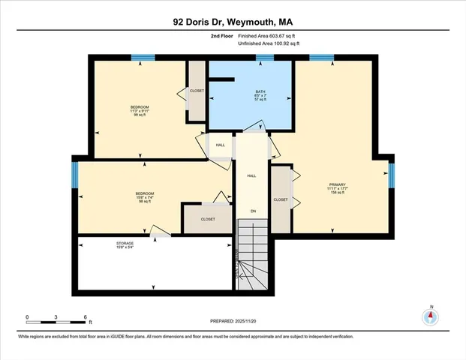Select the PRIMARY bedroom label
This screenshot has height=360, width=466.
click(x=335, y=187)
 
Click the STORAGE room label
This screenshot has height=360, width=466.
click(x=125, y=244)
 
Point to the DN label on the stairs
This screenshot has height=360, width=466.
click(x=252, y=211)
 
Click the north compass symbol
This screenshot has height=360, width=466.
click(x=430, y=316)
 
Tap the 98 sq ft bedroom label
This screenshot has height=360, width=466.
click(x=145, y=197)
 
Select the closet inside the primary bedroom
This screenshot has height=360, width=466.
click(x=281, y=199)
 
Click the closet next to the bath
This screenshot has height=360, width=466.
click(x=197, y=91)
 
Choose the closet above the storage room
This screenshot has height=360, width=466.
click(x=208, y=219)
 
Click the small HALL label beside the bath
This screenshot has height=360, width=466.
click(x=221, y=145)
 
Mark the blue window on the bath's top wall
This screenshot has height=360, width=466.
click(x=264, y=58)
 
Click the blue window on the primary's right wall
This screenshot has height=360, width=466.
click(x=391, y=173)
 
